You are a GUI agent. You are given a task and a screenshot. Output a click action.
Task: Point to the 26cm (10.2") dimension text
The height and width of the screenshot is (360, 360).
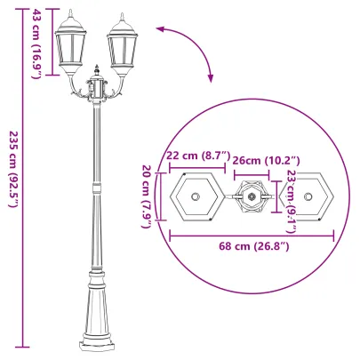(265, 160)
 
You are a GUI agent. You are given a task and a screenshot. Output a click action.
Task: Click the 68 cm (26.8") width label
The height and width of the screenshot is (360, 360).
(252, 246)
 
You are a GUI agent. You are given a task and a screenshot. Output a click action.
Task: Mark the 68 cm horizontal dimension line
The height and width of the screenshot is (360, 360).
(252, 236)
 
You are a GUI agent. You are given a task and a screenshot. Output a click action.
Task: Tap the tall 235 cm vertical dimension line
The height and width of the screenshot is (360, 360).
(23, 178)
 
